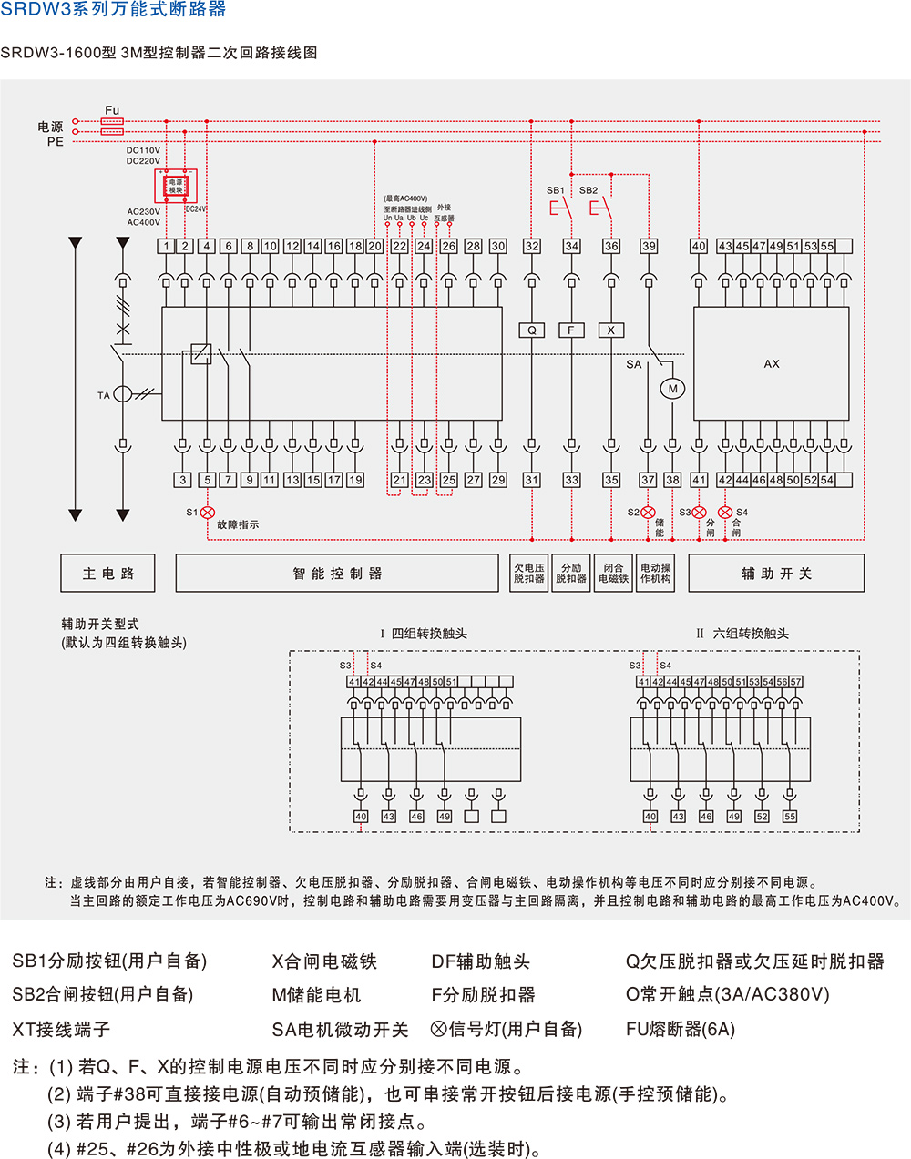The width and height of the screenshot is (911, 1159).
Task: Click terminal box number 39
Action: pos(649,246)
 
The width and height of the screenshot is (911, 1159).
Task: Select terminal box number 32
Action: pos(532,246)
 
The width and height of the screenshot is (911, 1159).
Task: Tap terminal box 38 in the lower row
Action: pos(672,480)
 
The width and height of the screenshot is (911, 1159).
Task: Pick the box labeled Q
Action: pos(532,330)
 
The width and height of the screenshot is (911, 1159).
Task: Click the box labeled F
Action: pos(571,330)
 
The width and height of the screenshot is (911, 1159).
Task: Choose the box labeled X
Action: pos(611,330)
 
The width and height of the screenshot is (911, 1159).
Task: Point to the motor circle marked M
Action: pos(673,389)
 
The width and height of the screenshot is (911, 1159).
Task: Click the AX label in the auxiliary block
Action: pos(772,364)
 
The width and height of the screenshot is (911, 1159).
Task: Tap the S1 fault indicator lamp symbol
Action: pos(207,513)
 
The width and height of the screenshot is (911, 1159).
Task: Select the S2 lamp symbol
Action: pos(648,513)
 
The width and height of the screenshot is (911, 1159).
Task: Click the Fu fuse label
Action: pos(112,110)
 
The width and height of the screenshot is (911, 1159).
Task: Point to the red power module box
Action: pos(176,187)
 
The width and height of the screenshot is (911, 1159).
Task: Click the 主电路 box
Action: pos(108,574)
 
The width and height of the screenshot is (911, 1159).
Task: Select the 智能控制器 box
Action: pos(337,574)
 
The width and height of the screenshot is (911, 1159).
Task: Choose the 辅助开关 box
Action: pos(776,574)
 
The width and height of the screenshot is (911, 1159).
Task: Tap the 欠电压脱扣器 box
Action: pos(529,574)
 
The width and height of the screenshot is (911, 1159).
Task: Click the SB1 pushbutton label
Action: pos(556,190)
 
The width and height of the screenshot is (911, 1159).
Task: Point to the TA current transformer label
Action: pos(104,395)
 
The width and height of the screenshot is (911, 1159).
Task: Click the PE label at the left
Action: pos(56,142)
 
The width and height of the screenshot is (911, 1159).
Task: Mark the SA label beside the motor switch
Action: pos(634,364)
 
